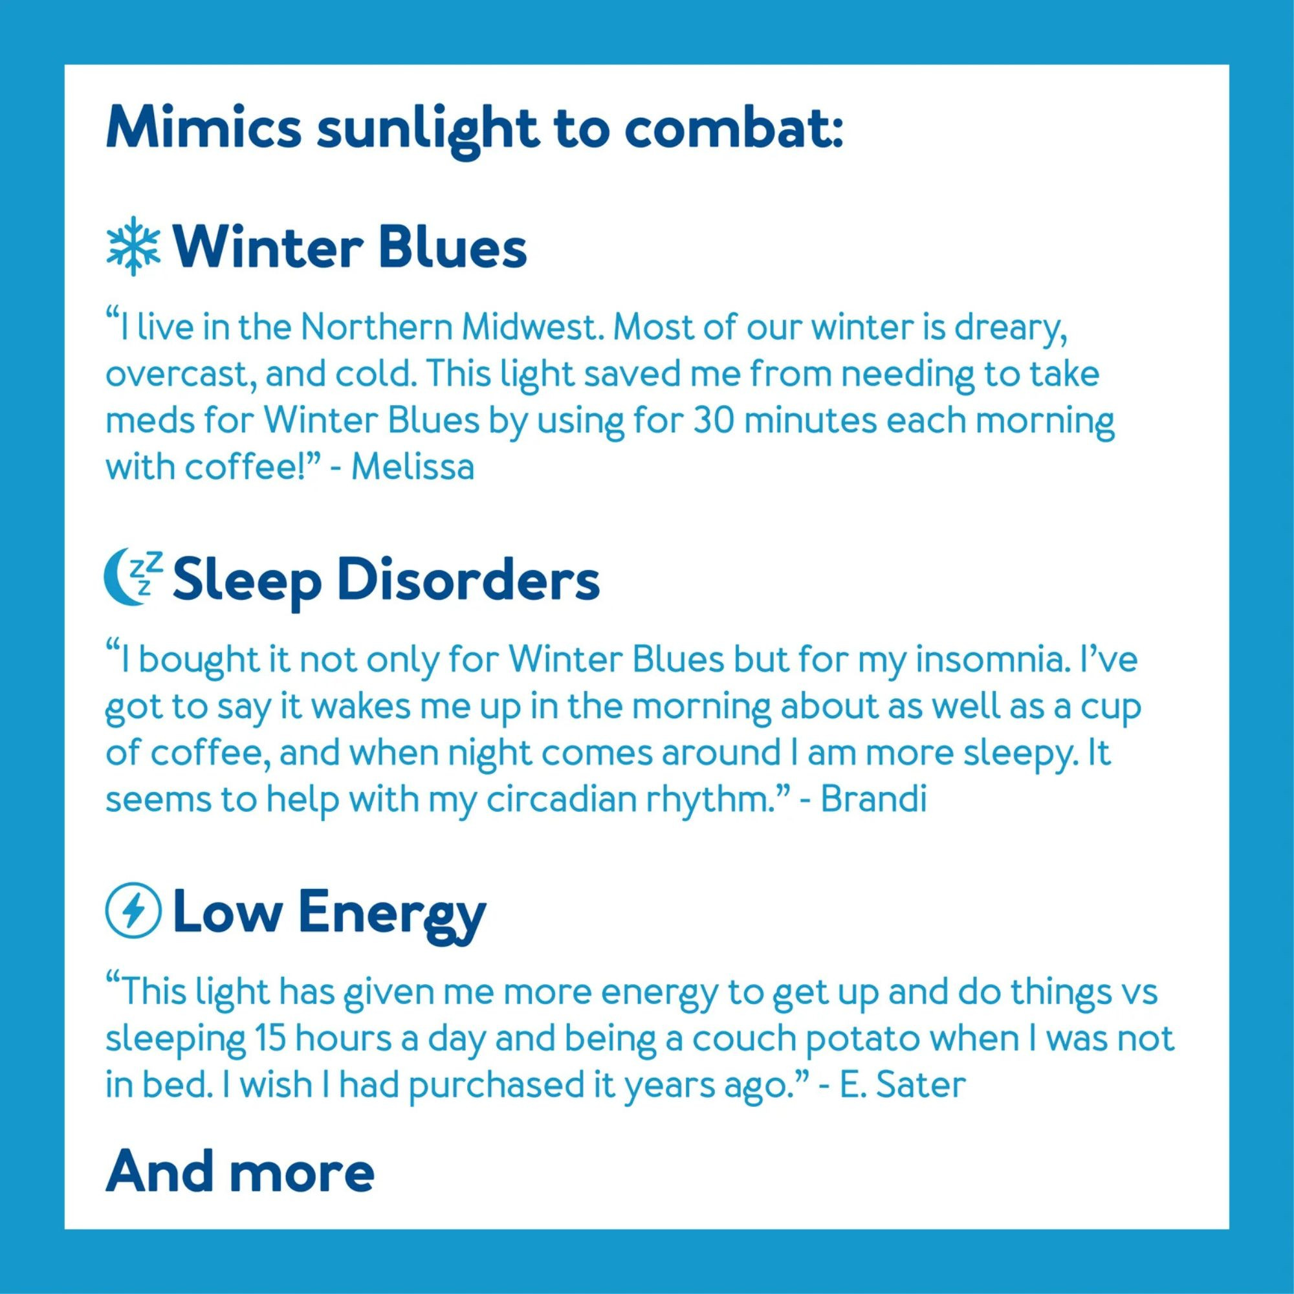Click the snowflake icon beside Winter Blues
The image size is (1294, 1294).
tap(133, 245)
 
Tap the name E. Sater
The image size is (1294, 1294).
tap(903, 1085)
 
